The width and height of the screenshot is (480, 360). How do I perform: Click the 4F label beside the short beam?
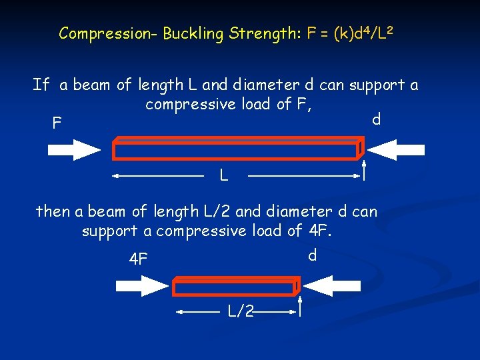[138, 259]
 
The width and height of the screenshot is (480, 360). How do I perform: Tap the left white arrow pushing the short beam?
[142, 287]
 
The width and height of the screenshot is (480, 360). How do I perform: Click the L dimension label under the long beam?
[225, 177]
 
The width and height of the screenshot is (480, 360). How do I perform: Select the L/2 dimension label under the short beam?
[240, 311]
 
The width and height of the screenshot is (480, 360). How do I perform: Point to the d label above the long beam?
[376, 119]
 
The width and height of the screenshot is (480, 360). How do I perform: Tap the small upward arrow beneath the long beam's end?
[365, 170]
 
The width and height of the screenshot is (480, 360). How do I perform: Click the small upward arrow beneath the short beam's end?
[301, 306]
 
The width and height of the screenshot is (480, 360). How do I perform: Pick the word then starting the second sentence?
[53, 212]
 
